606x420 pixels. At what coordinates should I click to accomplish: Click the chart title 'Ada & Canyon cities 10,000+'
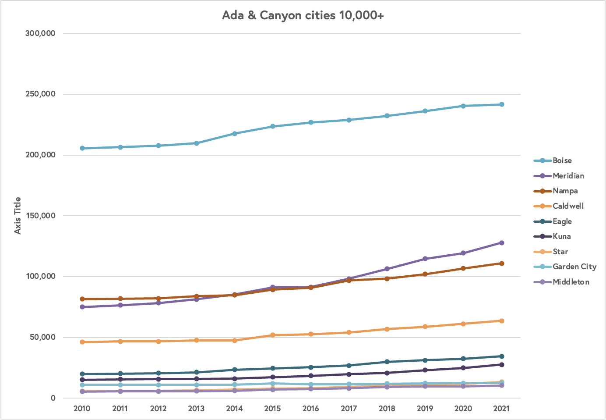coord(303,15)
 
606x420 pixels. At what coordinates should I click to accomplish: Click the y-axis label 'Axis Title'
coord(18,215)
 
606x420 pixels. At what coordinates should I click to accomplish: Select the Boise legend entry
coord(562,160)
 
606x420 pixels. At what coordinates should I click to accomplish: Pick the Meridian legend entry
coord(568,176)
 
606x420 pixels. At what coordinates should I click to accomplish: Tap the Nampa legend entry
coord(565,191)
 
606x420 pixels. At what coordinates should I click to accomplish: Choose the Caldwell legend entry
coord(568,206)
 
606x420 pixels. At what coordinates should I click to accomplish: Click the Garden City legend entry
coord(574,267)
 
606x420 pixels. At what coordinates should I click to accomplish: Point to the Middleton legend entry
coord(571,282)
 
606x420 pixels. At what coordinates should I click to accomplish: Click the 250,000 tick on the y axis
coord(40,94)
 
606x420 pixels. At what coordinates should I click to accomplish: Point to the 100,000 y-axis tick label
coord(40,276)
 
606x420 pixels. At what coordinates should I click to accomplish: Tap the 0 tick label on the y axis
coord(53,398)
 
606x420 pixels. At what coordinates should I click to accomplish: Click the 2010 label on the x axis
coord(82,409)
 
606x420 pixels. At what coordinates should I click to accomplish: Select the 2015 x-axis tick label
coord(272,409)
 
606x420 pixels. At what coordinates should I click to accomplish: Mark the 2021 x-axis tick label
coord(501,409)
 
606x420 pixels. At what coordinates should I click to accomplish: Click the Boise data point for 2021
coord(501,104)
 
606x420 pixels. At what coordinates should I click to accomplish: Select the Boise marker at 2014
coord(235,134)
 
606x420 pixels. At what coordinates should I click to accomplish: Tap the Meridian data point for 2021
coord(501,243)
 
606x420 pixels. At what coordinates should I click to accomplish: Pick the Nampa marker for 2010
coord(82,299)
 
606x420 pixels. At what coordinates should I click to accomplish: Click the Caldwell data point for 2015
coord(272,335)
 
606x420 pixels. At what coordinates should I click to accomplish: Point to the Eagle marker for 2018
coord(387,362)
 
